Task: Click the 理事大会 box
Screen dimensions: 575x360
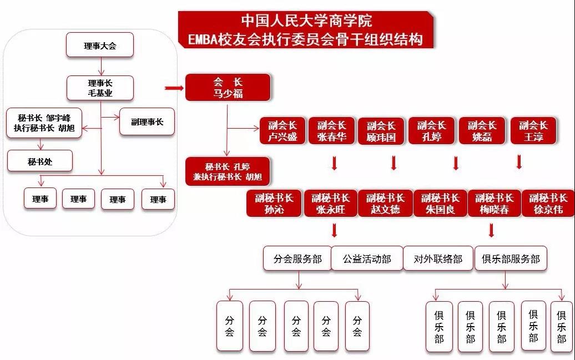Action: pos(100,45)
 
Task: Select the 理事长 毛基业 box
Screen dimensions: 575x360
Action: pos(100,88)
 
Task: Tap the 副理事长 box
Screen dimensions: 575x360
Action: pos(147,121)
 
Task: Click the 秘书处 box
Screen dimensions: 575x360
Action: pos(40,161)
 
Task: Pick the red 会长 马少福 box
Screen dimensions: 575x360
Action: pos(228,88)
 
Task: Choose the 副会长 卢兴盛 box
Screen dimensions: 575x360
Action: pos(283,131)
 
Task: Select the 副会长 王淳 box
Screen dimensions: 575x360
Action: pos(533,131)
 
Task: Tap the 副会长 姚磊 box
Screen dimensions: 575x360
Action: pos(482,131)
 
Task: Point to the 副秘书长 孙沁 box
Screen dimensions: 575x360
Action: pos(274,203)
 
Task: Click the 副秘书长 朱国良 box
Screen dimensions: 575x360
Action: pos(440,203)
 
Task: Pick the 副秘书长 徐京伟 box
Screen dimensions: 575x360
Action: pos(548,203)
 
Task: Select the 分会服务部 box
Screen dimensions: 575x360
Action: pos(297,259)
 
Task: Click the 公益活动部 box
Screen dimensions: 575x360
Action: pos(367,259)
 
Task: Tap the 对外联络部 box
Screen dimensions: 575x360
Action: pos(438,259)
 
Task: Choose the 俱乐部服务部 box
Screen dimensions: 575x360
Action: pos(511,259)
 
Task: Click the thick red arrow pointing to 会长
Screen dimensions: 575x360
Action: pos(174,88)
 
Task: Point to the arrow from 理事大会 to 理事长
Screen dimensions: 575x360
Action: pos(101,67)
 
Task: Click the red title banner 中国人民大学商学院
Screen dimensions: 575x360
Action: pos(306,30)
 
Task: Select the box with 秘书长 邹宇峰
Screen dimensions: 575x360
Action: pos(44,123)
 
